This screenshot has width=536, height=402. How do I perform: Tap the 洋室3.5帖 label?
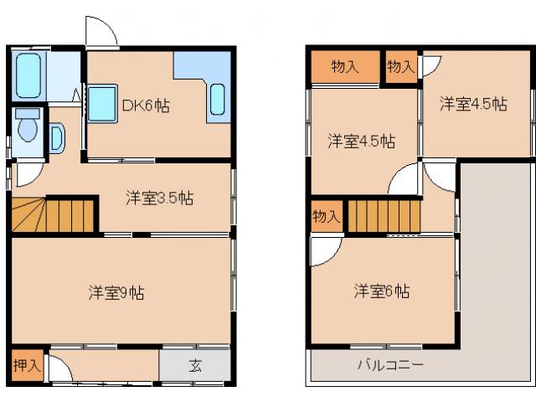pos(159,198)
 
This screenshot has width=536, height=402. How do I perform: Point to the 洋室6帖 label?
pos(381,291)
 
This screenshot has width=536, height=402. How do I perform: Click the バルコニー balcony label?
pos(390,365)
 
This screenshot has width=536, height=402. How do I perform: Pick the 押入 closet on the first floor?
pos(24,365)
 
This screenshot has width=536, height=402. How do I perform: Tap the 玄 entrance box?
pos(194,365)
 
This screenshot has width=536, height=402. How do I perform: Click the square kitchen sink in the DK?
pos(104,102)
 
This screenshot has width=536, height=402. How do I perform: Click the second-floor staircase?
pos(383,217)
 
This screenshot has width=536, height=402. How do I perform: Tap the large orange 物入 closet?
pos(345,67)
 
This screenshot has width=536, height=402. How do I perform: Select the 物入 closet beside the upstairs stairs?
pos(326,217)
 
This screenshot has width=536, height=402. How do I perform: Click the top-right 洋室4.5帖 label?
pos(474,104)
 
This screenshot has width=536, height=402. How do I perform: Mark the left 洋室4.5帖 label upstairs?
pos(361,141)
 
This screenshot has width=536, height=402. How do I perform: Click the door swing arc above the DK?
pos(100,32)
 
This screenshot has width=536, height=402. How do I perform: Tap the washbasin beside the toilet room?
pos(56,137)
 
